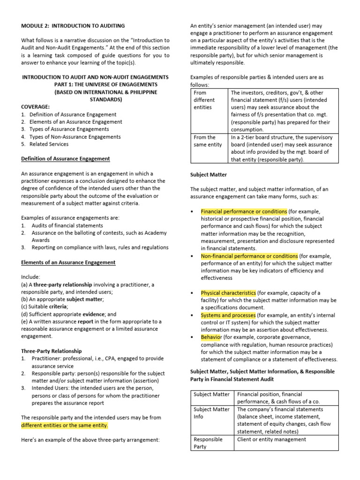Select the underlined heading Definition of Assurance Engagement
66,159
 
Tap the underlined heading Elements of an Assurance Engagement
68,262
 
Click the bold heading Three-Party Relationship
52,351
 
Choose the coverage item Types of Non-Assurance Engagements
75,137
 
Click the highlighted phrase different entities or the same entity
65,426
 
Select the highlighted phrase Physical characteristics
228,293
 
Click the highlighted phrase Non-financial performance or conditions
249,256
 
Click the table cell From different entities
204,100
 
